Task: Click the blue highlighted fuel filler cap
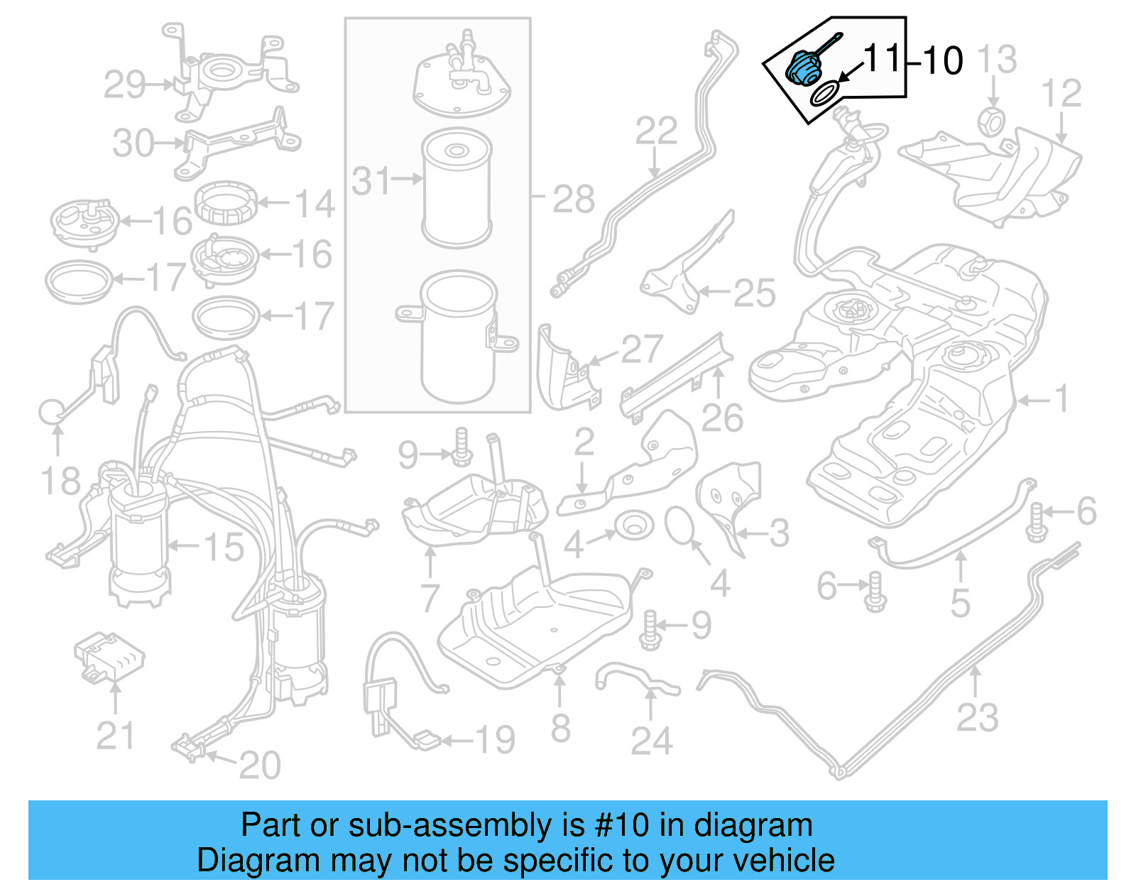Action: [804, 69]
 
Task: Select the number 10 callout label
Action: [943, 60]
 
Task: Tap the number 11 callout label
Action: [882, 58]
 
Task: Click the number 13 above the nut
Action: [998, 60]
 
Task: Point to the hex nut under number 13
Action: [991, 122]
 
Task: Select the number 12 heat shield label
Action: [1061, 94]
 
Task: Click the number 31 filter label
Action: [371, 181]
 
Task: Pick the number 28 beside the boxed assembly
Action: [574, 200]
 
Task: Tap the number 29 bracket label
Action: [125, 85]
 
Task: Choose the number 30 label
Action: [133, 143]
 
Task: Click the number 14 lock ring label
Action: [315, 205]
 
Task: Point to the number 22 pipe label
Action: [656, 131]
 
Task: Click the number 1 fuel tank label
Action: [1061, 399]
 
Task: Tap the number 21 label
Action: [115, 736]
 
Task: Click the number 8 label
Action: [560, 728]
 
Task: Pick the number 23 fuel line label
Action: [978, 717]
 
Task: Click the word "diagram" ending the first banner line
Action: [753, 825]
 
